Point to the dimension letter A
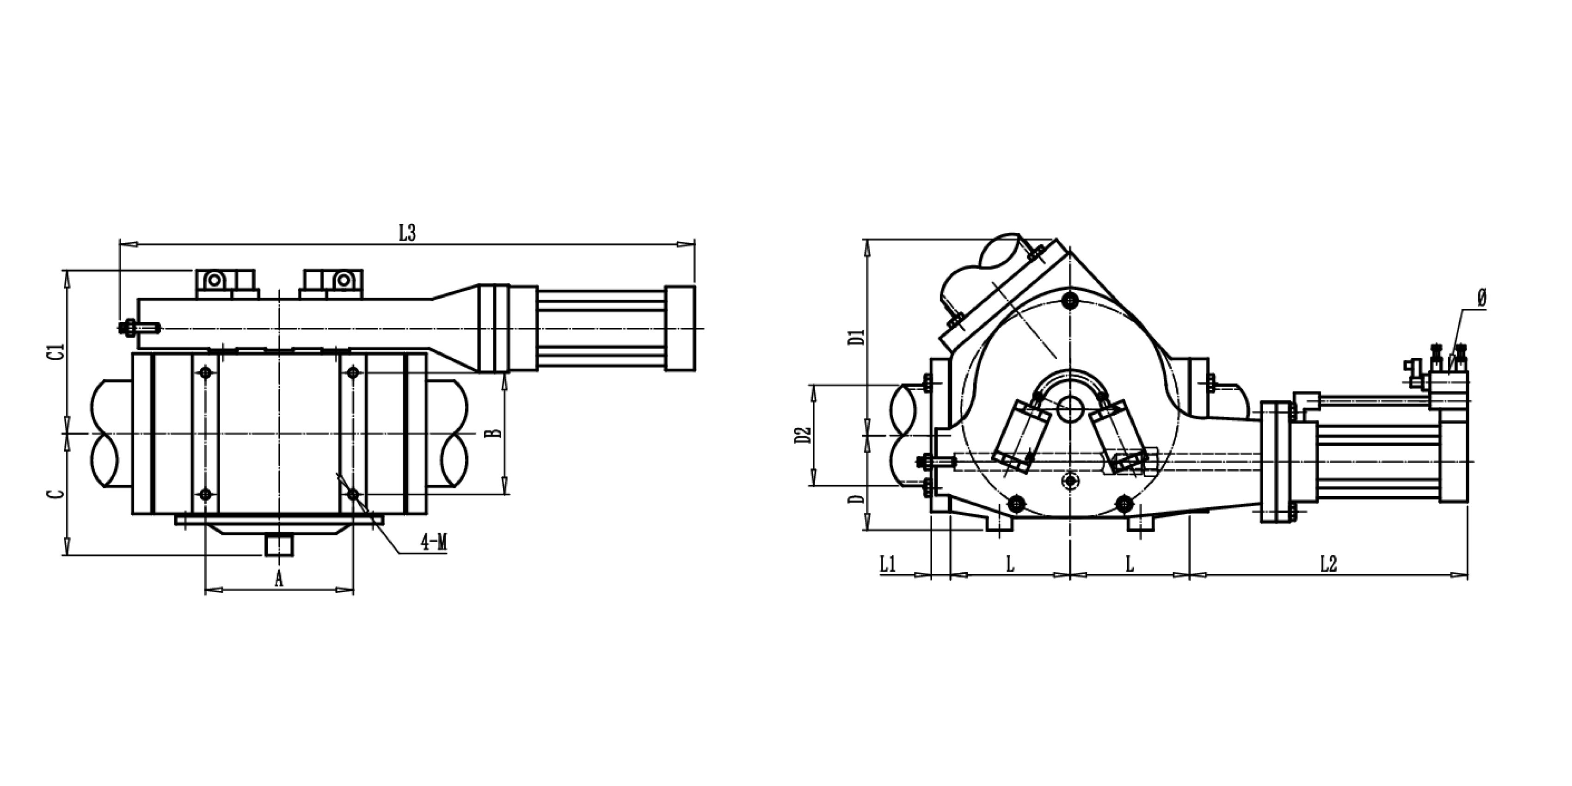click(x=279, y=578)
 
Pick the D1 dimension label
click(x=858, y=338)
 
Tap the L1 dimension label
click(x=887, y=564)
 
